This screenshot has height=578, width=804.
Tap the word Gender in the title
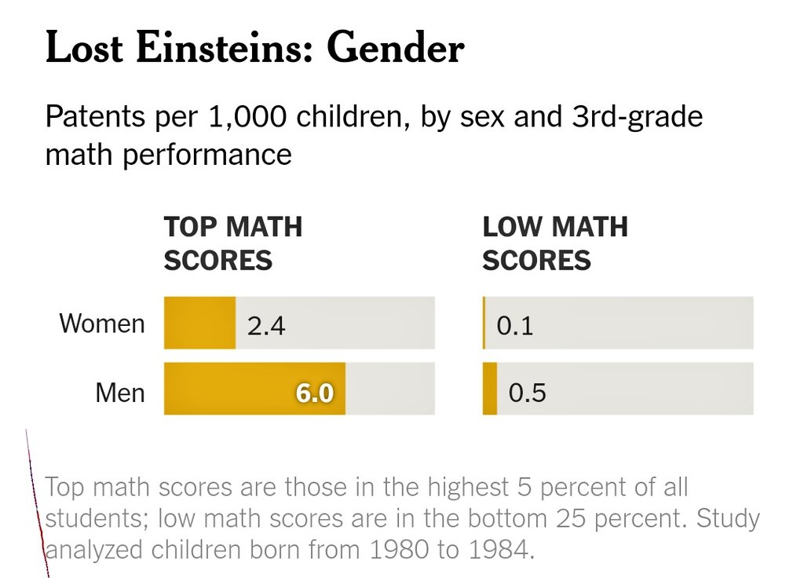[396, 49]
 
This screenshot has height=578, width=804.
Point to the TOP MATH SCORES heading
[232, 243]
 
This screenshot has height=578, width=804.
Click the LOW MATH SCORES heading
[554, 243]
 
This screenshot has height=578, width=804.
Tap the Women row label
[102, 324]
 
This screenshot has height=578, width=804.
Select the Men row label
[120, 391]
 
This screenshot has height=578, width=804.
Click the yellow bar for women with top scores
[199, 323]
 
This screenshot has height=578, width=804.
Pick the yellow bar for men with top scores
[236, 390]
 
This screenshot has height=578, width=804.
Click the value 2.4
[266, 325]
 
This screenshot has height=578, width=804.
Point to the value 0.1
[514, 325]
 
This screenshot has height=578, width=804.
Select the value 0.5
[527, 392]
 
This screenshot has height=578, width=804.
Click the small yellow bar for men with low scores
[489, 390]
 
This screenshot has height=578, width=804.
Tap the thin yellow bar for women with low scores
[484, 323]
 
